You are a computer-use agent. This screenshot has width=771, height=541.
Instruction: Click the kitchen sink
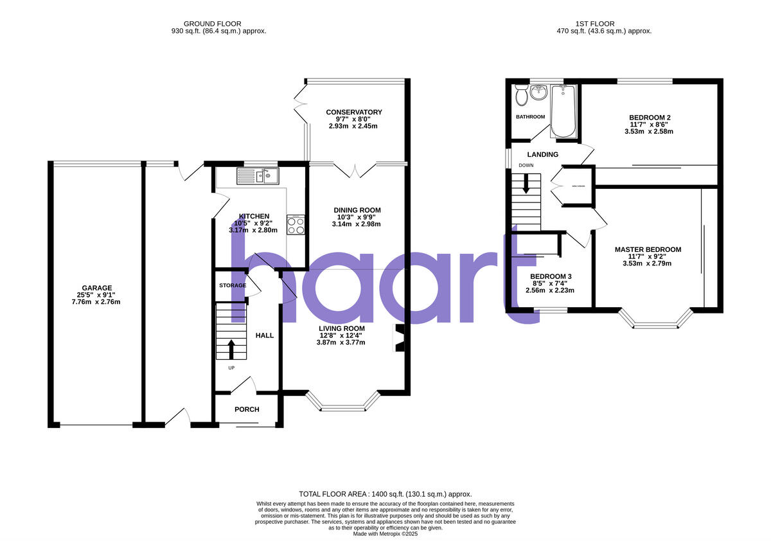coord(256,175)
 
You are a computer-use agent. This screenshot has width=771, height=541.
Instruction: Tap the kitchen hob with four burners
coord(296,225)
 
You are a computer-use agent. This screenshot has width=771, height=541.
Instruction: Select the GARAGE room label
coord(97,288)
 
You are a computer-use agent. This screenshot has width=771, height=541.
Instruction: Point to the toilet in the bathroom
coord(522,96)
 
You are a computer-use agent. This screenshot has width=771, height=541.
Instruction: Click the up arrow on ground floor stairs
coord(231,349)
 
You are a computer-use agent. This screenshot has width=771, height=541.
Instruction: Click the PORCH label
coord(247,409)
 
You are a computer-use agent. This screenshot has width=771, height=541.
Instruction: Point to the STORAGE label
coord(232,285)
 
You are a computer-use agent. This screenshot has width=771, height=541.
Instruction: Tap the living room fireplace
coord(398,339)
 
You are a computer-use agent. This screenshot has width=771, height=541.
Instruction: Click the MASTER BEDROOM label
coord(648,249)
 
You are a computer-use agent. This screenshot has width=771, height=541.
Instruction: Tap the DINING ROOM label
coord(357,210)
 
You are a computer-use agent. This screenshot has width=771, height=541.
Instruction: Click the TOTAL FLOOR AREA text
coord(385,493)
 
